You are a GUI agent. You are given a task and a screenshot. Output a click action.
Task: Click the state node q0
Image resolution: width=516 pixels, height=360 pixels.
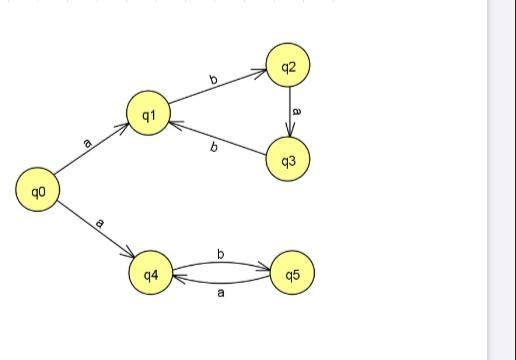(38, 190)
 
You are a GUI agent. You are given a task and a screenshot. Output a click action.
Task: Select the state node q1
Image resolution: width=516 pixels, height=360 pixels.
(148, 114)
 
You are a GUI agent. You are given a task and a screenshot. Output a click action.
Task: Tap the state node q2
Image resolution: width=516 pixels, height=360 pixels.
(289, 67)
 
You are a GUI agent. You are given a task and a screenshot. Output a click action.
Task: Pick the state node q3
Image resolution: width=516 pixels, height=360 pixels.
(288, 160)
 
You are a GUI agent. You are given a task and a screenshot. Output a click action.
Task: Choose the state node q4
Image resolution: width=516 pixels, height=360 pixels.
(151, 273)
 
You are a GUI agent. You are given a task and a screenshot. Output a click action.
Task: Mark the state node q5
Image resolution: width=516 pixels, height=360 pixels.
(292, 273)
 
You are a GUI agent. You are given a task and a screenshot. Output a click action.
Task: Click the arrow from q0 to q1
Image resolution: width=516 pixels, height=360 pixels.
(92, 152)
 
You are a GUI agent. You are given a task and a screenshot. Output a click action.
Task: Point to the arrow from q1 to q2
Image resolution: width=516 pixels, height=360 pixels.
(218, 90)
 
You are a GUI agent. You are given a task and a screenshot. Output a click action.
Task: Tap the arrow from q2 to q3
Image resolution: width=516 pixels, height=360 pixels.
(289, 113)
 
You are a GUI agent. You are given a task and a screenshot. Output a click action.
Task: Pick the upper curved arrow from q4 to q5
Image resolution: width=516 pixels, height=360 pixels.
(221, 263)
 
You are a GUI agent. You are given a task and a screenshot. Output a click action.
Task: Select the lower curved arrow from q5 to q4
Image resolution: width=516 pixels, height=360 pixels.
(221, 284)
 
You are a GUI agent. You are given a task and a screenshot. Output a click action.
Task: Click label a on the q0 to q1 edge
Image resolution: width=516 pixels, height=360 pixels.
(88, 144)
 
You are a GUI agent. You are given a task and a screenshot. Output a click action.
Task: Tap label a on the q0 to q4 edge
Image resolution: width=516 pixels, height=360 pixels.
(99, 222)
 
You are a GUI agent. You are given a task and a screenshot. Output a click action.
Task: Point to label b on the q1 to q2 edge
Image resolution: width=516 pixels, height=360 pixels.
(213, 79)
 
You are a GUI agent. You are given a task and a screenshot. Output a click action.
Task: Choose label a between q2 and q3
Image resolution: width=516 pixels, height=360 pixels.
(297, 111)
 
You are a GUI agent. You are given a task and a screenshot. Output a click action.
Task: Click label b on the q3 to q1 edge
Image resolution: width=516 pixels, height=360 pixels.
(213, 148)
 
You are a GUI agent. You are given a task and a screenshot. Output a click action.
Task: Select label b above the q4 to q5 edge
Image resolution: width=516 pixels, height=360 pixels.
(220, 254)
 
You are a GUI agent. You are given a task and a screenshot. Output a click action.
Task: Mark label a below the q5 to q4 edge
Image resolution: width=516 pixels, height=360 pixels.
(221, 294)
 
